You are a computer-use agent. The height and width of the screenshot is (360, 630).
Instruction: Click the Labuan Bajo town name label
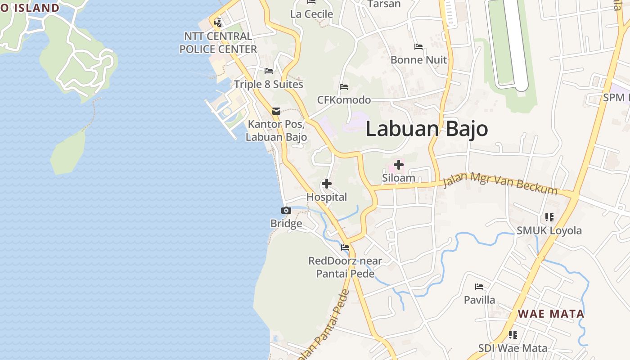(427, 129)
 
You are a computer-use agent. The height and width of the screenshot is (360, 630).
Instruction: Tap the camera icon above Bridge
(286, 210)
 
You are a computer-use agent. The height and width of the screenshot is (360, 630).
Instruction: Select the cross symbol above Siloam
(398, 164)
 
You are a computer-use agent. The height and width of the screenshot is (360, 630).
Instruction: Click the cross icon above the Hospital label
(327, 184)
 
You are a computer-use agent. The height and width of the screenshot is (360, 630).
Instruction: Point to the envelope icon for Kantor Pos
(276, 111)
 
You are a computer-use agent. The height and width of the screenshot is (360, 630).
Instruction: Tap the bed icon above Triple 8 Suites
(269, 71)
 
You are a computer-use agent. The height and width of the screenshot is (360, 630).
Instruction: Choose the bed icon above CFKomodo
(344, 86)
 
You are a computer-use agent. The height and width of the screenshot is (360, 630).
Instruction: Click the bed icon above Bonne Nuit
(418, 46)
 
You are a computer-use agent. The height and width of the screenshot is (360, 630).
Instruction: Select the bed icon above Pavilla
(479, 286)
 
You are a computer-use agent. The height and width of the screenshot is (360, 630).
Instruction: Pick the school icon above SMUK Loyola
(549, 217)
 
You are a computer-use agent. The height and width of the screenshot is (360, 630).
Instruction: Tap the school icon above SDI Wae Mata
(513, 335)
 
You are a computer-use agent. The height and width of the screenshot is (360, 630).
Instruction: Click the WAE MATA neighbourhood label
(551, 314)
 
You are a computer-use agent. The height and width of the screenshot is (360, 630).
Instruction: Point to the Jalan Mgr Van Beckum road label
(500, 184)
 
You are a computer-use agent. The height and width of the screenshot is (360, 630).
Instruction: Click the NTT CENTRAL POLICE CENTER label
(218, 43)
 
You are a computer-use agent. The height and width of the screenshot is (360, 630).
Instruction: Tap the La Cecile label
(311, 14)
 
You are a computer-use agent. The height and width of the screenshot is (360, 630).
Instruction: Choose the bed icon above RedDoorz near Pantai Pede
(345, 247)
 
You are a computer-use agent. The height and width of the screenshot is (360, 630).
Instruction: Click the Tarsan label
(384, 4)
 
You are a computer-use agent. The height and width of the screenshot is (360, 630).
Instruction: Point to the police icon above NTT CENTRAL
(218, 22)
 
